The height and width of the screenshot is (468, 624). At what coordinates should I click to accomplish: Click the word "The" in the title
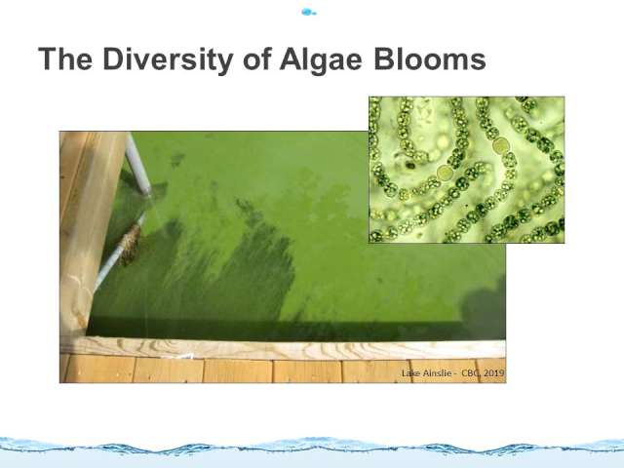click(65, 58)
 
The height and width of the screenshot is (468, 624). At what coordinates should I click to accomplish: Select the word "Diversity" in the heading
click(168, 60)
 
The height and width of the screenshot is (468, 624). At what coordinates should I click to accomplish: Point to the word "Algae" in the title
click(321, 60)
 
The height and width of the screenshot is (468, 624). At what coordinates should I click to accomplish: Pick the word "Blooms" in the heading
click(430, 58)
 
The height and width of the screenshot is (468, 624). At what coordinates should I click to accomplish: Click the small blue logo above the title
click(309, 12)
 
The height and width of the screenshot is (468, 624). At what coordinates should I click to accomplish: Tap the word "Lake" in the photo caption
click(410, 373)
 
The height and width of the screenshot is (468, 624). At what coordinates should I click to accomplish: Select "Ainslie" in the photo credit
click(437, 373)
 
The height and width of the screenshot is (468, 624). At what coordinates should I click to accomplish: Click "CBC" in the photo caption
click(471, 373)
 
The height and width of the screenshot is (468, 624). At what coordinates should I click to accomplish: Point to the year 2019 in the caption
click(494, 373)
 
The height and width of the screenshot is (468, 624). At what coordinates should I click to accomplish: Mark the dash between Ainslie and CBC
click(457, 374)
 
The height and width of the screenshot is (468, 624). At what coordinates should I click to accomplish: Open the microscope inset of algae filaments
click(466, 170)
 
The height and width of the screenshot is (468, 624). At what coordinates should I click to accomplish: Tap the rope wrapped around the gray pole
click(130, 245)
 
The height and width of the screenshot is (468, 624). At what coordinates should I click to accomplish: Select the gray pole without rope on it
click(138, 163)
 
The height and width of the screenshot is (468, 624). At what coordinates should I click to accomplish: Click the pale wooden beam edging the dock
click(283, 349)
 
